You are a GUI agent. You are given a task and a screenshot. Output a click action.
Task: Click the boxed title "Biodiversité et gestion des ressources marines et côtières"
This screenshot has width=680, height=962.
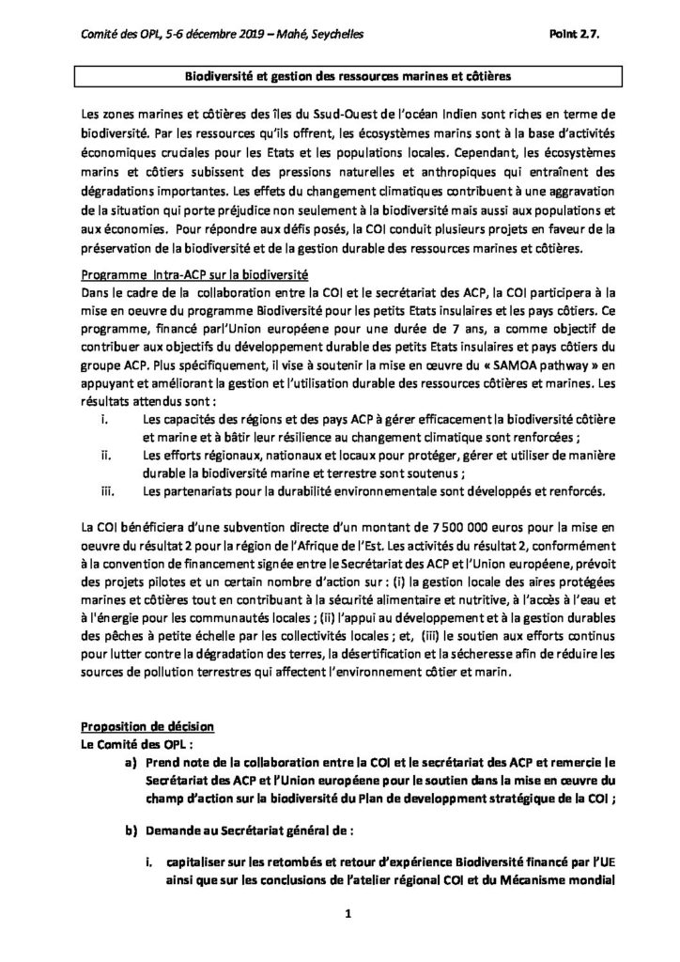[339, 74]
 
